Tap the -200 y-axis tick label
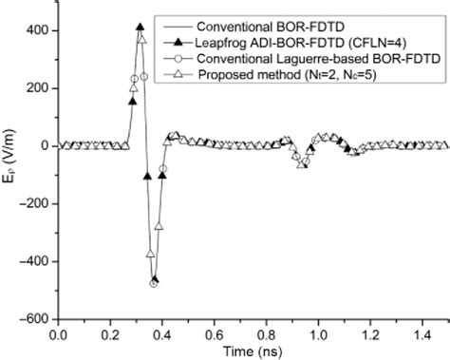tap(34, 203)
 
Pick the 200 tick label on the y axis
tap(37, 87)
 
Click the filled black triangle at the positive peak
tap(141, 28)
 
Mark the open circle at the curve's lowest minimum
tap(153, 283)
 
